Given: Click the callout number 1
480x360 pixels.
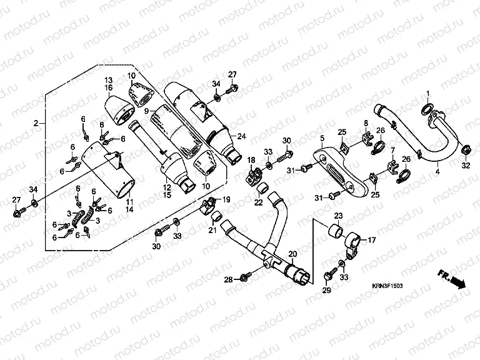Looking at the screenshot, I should (x=428, y=94).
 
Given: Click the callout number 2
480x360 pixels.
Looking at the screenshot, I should (x=36, y=123).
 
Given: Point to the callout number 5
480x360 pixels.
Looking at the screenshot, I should (x=321, y=138).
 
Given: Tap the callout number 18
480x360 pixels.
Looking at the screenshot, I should (x=250, y=161).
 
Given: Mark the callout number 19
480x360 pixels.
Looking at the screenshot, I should (x=226, y=200).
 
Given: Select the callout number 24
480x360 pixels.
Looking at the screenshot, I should (x=242, y=136).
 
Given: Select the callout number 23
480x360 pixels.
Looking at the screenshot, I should (x=338, y=216).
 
